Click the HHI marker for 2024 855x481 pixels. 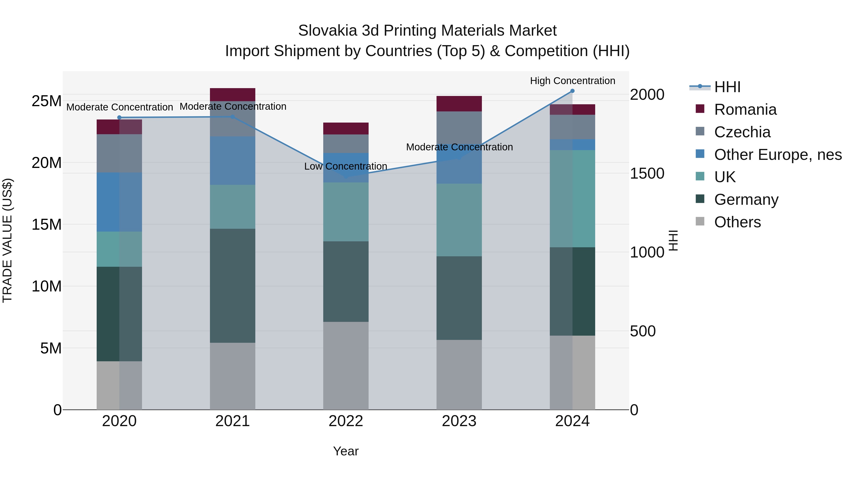click(572, 91)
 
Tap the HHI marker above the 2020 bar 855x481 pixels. click(119, 118)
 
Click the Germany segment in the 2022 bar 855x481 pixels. click(346, 281)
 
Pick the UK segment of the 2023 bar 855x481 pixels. click(459, 220)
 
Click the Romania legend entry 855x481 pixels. click(745, 110)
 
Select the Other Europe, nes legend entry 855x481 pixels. click(778, 155)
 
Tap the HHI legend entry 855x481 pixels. click(727, 87)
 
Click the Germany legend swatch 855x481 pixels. click(700, 199)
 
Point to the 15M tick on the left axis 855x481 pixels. click(47, 225)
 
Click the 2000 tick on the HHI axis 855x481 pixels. click(647, 95)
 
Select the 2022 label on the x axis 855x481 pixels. click(346, 421)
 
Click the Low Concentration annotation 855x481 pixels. click(346, 166)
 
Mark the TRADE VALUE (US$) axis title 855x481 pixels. click(7, 240)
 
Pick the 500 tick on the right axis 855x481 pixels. click(643, 331)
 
